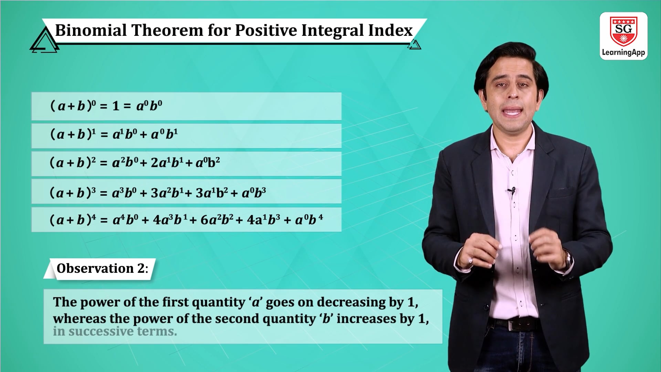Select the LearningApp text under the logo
[x=623, y=52]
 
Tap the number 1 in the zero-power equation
[x=116, y=106]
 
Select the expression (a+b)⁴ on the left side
[x=73, y=219]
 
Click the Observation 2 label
[x=102, y=268]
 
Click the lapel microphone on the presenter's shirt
[x=512, y=190]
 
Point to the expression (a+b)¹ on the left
[x=73, y=134]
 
